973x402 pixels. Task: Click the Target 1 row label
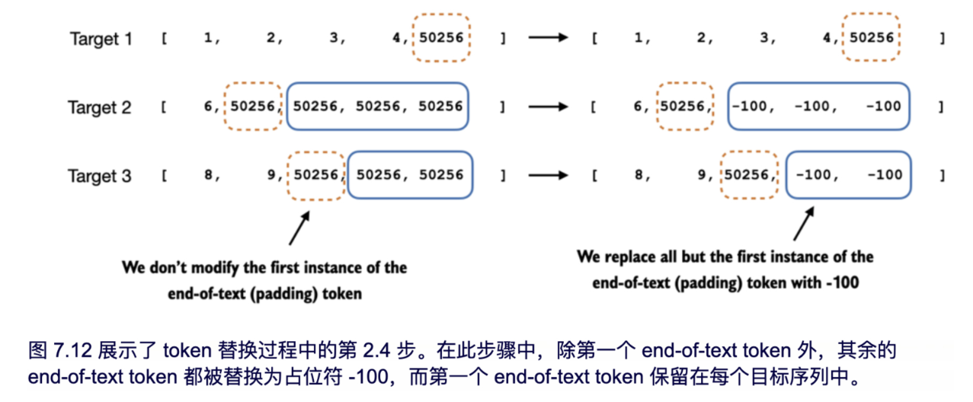(101, 39)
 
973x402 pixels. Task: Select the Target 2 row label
(99, 107)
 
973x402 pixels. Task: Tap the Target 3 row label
(99, 177)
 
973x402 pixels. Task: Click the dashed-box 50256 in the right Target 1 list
(872, 37)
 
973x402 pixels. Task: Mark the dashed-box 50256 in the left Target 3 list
(315, 175)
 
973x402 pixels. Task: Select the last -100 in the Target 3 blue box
(884, 175)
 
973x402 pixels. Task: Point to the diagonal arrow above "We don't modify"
(299, 226)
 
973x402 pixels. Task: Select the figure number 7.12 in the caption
(69, 351)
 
